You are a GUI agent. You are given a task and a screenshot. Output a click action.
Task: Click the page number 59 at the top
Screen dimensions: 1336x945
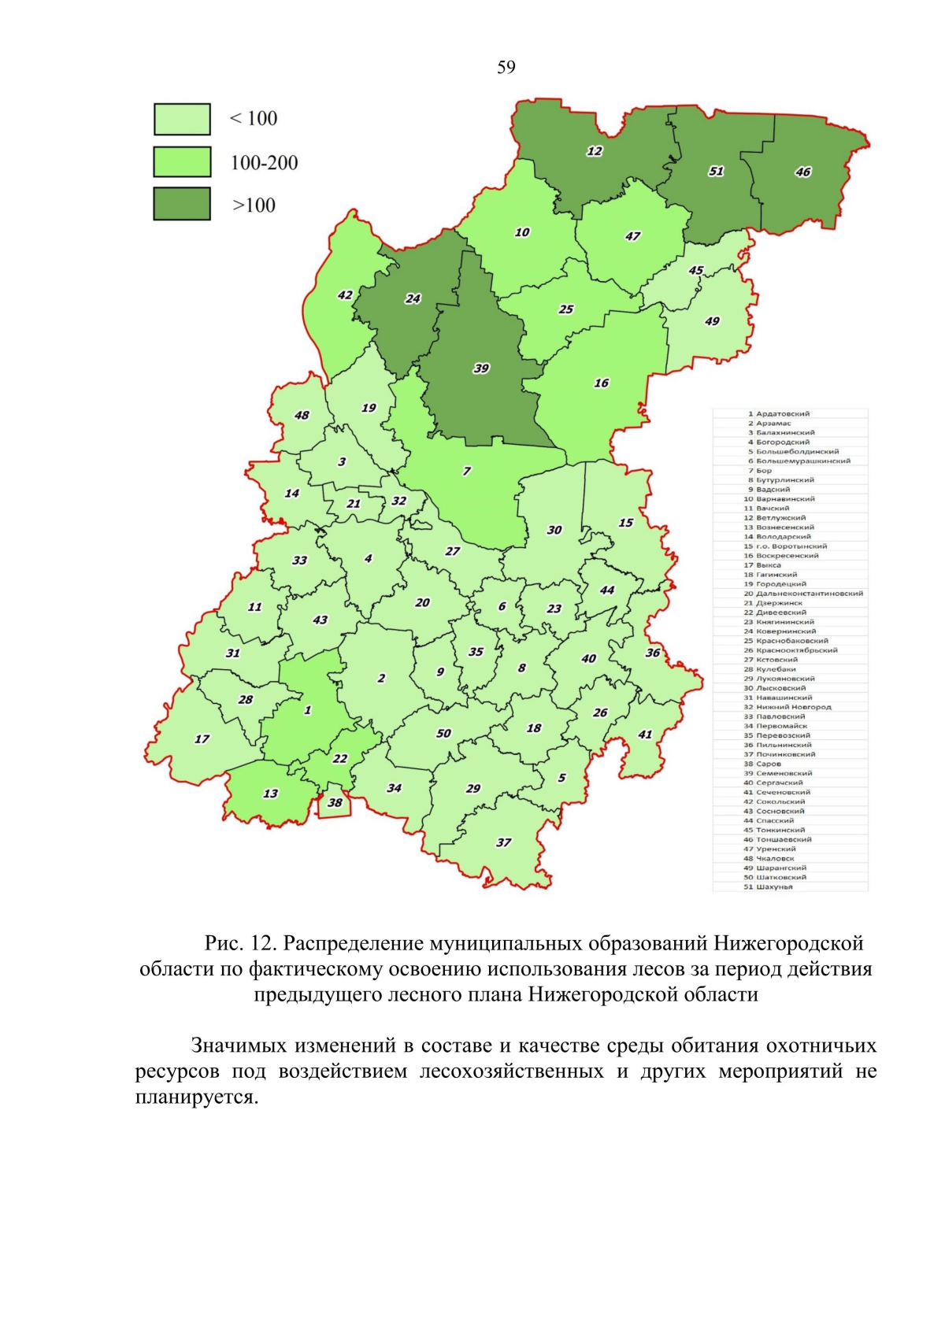[506, 68]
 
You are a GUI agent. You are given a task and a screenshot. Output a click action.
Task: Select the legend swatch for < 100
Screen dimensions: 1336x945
[182, 120]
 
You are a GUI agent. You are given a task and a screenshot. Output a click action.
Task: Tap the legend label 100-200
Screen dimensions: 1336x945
[264, 163]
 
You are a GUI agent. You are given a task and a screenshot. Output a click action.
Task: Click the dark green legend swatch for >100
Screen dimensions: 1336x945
[182, 204]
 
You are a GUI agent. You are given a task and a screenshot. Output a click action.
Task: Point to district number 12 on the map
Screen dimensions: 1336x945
[595, 151]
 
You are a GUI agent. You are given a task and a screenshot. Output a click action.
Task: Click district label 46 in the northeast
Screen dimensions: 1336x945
[802, 172]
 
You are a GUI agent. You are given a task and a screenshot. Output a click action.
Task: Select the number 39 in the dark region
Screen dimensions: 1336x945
[481, 368]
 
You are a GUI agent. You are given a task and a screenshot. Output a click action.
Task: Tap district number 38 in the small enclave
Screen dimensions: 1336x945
[335, 802]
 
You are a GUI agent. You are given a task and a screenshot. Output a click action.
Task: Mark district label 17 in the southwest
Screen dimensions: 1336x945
[202, 738]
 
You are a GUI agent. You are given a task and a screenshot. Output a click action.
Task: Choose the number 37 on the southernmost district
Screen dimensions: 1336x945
[503, 842]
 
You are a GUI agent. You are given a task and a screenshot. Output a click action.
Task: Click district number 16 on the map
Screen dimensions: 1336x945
[602, 383]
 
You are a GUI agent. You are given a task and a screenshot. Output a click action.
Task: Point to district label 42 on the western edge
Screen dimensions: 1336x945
[345, 295]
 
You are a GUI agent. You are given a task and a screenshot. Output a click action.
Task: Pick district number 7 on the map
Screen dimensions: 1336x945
[467, 471]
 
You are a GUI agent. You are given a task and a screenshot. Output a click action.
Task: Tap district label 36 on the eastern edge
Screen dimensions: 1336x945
[653, 653]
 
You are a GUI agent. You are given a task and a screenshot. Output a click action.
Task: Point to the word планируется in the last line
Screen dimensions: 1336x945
[195, 1097]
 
